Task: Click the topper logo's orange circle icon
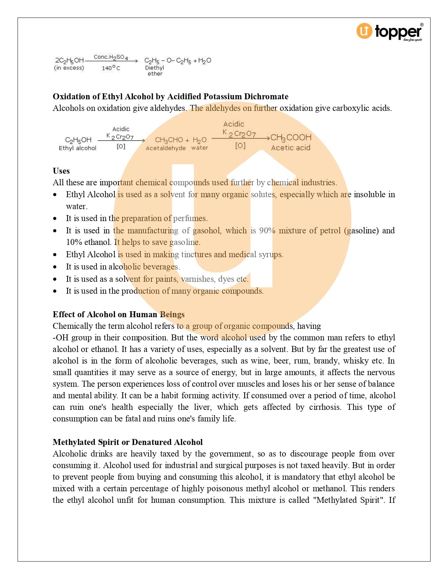point(364,31)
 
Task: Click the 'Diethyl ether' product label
point(155,71)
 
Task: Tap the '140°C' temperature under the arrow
point(111,68)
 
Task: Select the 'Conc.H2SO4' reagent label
point(111,57)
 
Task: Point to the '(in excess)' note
point(69,68)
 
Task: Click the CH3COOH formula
point(291,137)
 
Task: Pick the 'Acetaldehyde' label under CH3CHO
point(165,148)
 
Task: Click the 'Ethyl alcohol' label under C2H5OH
point(77,148)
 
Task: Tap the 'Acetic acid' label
point(291,148)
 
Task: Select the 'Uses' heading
point(61,171)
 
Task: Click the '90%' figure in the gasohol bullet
point(267,231)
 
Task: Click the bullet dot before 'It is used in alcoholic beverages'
point(55,267)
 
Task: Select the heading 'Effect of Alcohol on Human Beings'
point(118,314)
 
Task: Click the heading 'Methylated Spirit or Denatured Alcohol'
point(128,442)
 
